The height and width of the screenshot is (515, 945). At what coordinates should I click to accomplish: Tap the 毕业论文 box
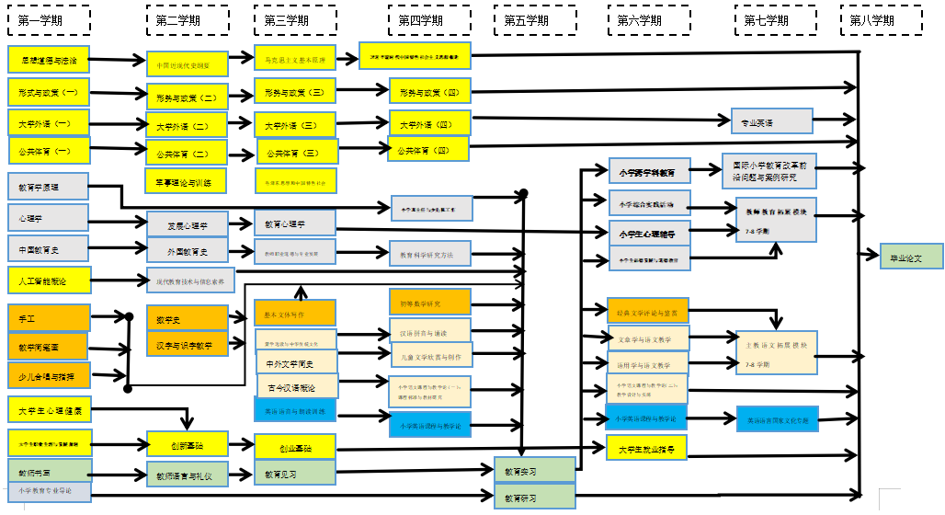point(899,257)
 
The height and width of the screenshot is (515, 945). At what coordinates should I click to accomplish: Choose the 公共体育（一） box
point(49,149)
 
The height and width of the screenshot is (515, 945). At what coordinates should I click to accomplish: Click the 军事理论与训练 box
point(185,181)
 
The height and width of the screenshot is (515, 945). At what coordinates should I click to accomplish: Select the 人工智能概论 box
point(49,279)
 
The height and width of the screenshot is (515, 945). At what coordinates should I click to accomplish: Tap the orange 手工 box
point(49,317)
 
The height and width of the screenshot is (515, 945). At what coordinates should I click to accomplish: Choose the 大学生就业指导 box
point(646,449)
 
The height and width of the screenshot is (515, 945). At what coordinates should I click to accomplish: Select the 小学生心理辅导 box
point(647,232)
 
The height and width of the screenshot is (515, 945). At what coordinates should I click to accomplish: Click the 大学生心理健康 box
point(49,409)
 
